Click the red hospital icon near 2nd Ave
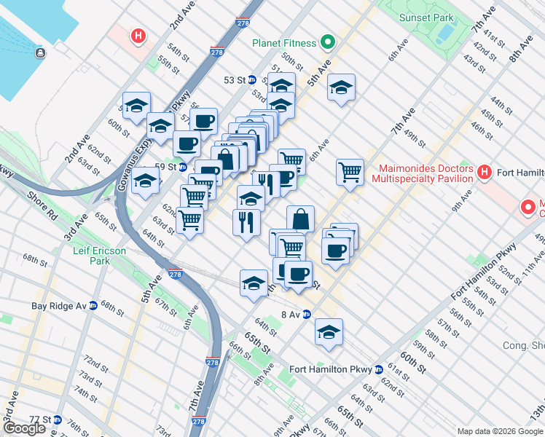(x=136, y=35)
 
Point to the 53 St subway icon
(x=252, y=80)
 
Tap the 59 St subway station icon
(x=184, y=166)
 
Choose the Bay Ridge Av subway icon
(x=93, y=306)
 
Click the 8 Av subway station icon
(x=307, y=315)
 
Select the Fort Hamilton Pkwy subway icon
(x=377, y=369)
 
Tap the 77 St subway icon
(x=57, y=420)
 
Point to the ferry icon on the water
(x=39, y=52)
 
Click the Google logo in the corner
(x=24, y=428)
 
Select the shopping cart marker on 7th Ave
(x=350, y=173)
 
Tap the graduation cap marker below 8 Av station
(x=329, y=332)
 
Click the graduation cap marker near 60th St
(x=136, y=106)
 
